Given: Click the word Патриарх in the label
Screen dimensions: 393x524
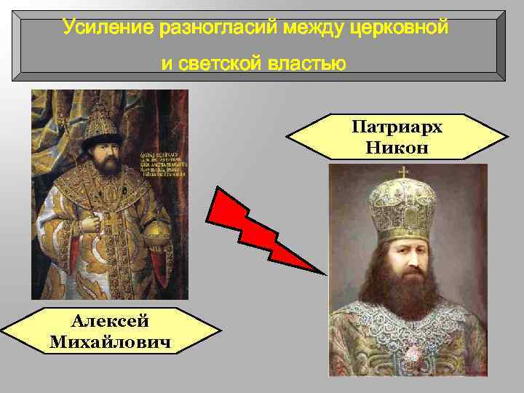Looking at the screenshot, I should pyautogui.click(x=397, y=128).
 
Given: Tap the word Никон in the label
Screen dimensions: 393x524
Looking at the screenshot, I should pyautogui.click(x=397, y=148).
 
